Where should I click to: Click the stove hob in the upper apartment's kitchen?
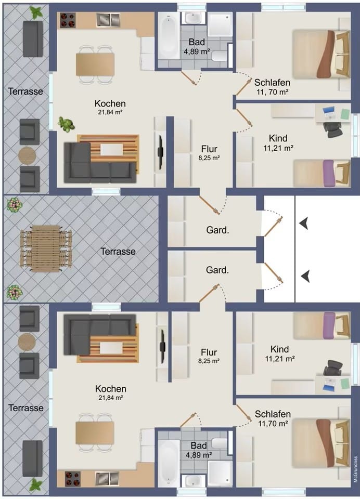tap(68, 20)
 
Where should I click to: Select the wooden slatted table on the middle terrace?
tap(46, 248)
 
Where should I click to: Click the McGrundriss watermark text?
tap(356, 469)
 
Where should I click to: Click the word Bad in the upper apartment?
tap(197, 42)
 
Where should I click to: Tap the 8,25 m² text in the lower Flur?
tap(209, 361)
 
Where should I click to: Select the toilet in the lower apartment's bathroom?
tap(220, 443)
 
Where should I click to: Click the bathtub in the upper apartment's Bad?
tap(170, 36)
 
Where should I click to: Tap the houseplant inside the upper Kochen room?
tap(66, 124)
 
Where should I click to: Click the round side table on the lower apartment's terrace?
tap(27, 342)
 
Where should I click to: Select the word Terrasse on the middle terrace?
tap(118, 252)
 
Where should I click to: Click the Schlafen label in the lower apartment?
tap(273, 414)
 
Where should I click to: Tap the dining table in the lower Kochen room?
tap(95, 432)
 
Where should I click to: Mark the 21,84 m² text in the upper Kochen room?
tap(110, 112)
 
